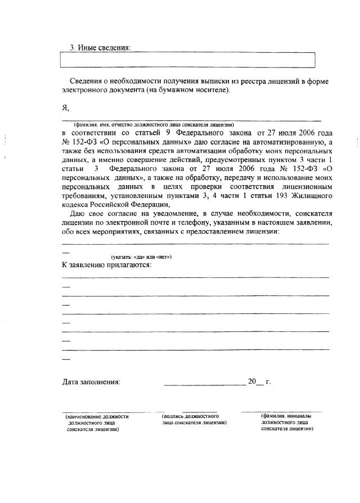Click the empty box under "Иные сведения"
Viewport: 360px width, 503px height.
(x=187, y=60)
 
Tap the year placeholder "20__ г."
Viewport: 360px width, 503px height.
(x=259, y=382)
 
